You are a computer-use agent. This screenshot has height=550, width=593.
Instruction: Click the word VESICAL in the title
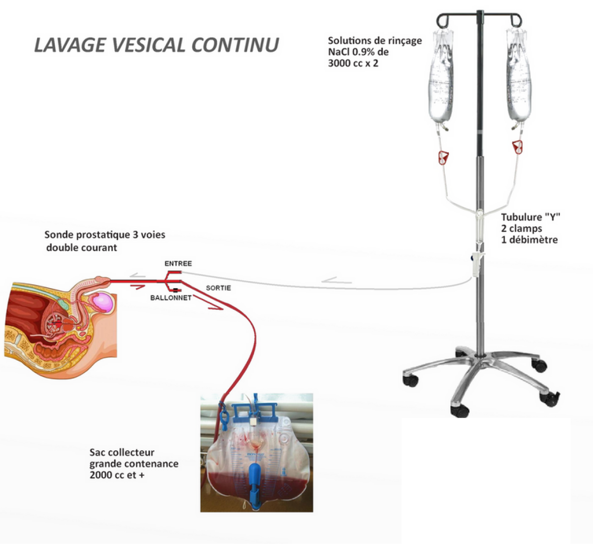(x=150, y=44)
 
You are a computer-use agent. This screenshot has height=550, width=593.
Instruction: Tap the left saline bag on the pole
(x=441, y=79)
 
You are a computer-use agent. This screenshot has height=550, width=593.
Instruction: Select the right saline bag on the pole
(x=518, y=79)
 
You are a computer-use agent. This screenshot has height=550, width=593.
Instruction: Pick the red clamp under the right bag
(x=517, y=147)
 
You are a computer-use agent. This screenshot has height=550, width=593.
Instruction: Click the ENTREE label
(x=178, y=264)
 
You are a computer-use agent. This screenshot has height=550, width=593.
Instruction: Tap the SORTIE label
(x=218, y=288)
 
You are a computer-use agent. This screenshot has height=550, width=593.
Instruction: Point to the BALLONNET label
(x=170, y=298)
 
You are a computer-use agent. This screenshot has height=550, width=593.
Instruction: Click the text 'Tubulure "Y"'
(x=531, y=217)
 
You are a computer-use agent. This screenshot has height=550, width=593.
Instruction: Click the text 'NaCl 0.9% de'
(x=358, y=52)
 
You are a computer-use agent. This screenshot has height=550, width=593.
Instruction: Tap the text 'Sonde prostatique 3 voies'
(x=105, y=235)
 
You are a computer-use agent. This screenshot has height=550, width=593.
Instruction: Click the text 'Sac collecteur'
(x=122, y=452)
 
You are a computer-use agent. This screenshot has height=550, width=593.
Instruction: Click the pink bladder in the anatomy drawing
(x=103, y=302)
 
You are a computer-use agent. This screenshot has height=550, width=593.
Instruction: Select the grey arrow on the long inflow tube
(x=337, y=282)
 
